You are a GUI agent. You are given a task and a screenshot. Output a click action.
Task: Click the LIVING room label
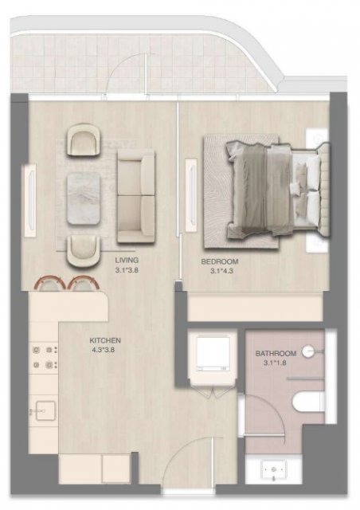(x=127, y=261)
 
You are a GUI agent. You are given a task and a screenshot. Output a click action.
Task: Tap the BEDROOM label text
(x=220, y=261)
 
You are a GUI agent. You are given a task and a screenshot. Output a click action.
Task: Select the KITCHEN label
(x=105, y=340)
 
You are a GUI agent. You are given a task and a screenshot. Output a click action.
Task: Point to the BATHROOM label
(x=276, y=353)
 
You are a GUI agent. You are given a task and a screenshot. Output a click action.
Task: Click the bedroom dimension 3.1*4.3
(x=221, y=271)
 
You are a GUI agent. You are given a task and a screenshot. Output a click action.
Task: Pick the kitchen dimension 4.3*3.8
(x=104, y=351)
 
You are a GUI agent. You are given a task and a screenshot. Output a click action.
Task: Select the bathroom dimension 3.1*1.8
(x=275, y=363)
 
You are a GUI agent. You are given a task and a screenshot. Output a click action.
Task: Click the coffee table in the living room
(x=84, y=198)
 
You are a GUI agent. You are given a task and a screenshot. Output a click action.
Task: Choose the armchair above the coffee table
(x=83, y=140)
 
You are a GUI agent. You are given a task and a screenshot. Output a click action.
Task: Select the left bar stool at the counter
(x=49, y=283)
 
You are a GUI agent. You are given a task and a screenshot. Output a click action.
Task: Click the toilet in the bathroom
(x=308, y=402)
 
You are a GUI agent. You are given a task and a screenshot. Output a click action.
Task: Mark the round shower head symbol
(x=307, y=351)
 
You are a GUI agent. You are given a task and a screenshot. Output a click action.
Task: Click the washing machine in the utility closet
(x=213, y=354)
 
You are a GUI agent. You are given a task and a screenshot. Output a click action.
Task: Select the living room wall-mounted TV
(x=31, y=199)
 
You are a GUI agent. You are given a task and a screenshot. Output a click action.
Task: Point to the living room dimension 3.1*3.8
(x=127, y=270)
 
